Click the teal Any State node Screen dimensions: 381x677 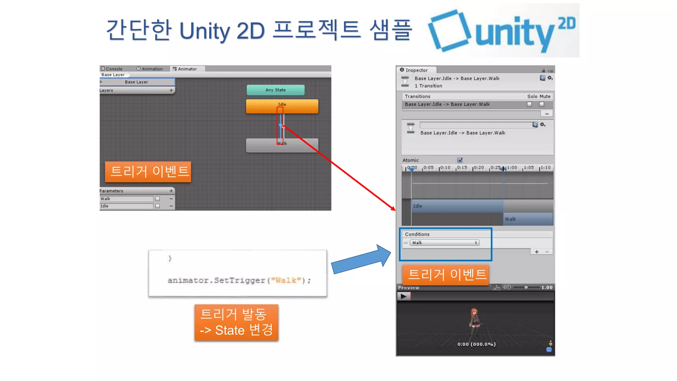[x=275, y=90]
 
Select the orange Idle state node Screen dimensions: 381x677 [x=282, y=106]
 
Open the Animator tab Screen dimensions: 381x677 [x=187, y=69]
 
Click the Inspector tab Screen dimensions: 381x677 [x=416, y=70]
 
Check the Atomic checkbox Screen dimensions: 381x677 [x=460, y=160]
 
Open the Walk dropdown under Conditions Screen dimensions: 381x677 [x=445, y=243]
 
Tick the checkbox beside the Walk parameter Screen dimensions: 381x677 [x=158, y=199]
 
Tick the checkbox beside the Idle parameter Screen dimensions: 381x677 [x=158, y=206]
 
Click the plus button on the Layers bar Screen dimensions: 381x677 [x=171, y=90]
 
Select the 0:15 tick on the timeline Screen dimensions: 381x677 [x=462, y=168]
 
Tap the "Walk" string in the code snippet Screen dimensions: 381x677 [x=286, y=280]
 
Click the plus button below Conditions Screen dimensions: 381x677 [x=537, y=252]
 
